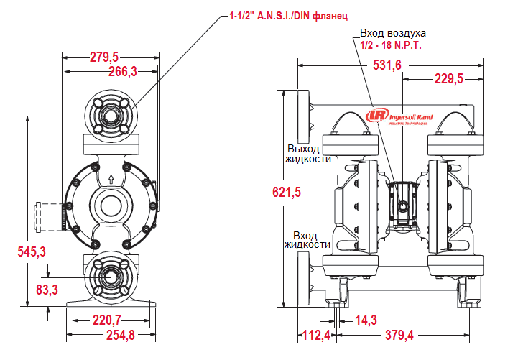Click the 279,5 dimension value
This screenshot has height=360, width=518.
tap(104, 57)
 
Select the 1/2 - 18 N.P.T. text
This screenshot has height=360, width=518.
tap(391, 45)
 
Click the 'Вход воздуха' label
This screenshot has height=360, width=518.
tap(393, 33)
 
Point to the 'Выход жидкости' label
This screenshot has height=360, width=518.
tap(307, 154)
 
